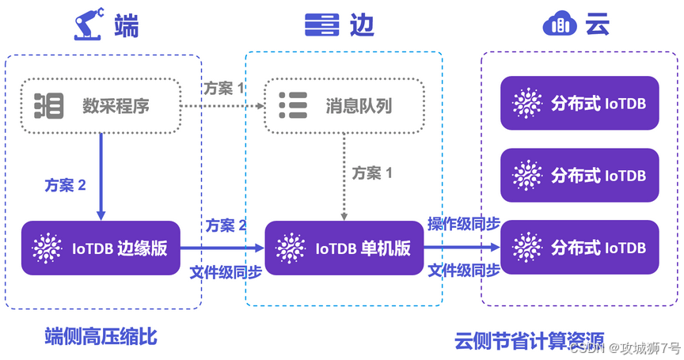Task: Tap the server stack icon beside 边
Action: click(x=322, y=25)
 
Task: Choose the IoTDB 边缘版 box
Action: click(x=101, y=248)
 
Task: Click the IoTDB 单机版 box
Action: click(x=343, y=248)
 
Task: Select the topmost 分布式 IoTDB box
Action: click(x=579, y=103)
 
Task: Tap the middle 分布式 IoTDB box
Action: click(x=579, y=175)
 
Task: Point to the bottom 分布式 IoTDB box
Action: click(x=579, y=248)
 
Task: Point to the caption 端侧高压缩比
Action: click(x=101, y=337)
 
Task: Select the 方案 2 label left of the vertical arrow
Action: click(x=65, y=185)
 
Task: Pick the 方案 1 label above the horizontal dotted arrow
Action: click(x=224, y=87)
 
